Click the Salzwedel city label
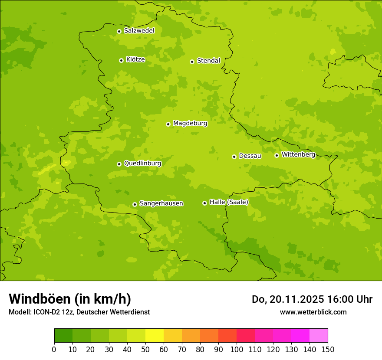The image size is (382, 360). [139, 31]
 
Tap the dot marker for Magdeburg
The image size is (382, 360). [168, 124]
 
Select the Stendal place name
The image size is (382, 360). [208, 61]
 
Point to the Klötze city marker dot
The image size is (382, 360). [121, 60]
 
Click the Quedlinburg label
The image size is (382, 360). [142, 164]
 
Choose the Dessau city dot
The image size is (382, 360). [234, 157]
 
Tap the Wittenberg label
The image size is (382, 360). [298, 154]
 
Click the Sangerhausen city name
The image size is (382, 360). [161, 203]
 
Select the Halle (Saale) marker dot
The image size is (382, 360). [204, 203]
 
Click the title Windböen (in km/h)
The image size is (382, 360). [69, 299]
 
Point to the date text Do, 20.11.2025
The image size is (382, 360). [287, 299]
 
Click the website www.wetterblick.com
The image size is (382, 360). [313, 312]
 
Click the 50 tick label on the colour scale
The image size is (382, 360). [145, 349]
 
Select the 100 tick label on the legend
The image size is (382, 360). [237, 349]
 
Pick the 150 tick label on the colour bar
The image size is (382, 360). [328, 349]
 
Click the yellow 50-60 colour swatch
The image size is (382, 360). [155, 336]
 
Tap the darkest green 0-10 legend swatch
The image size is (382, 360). [63, 336]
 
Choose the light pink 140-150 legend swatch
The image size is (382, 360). [319, 336]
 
